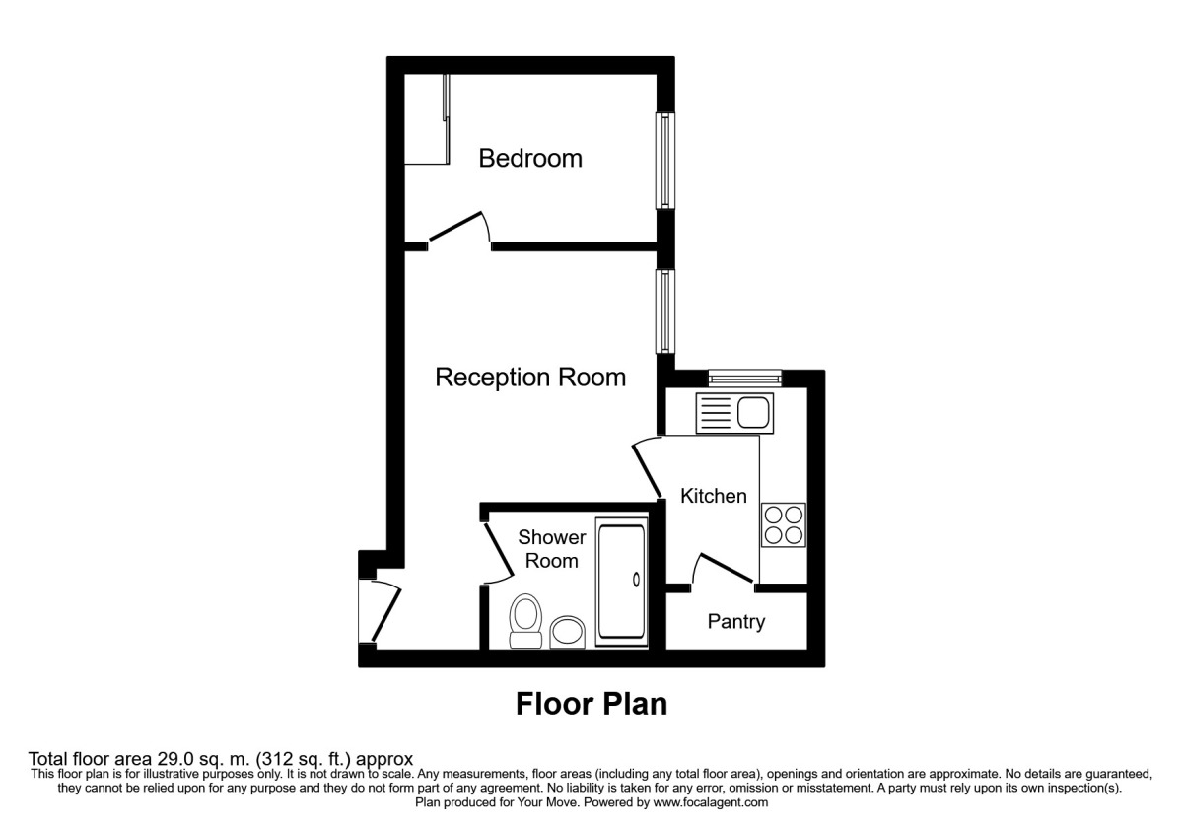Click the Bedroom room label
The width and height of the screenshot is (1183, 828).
point(530,158)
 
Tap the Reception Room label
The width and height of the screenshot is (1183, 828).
point(530,378)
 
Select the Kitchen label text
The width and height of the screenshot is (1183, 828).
point(714,496)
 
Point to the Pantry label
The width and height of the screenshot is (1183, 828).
point(735,622)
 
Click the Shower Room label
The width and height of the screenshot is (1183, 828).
point(551,549)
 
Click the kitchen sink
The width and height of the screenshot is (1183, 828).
point(735,412)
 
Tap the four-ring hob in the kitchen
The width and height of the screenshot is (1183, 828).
point(784,523)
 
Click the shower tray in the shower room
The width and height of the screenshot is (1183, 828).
point(621,584)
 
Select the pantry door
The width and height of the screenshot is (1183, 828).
point(725,570)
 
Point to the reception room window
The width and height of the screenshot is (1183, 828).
point(667,311)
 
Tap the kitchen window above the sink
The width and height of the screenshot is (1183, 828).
point(744,377)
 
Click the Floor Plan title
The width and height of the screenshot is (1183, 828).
point(591,704)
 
